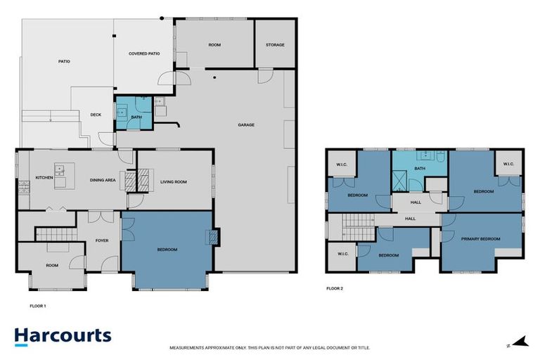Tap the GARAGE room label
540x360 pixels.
[246, 125]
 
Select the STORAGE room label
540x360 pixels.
[275, 45]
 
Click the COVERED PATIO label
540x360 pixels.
[144, 53]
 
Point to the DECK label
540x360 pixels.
[96, 115]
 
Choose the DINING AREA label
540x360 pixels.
[103, 181]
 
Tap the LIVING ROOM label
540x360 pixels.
[174, 182]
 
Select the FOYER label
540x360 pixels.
[101, 240]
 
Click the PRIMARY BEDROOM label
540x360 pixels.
[481, 239]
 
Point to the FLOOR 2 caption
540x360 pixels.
[335, 288]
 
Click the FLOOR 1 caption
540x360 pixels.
[37, 306]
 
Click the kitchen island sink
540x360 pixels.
[60, 169]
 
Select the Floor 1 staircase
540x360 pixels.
[55, 233]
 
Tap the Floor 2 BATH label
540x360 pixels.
[420, 169]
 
